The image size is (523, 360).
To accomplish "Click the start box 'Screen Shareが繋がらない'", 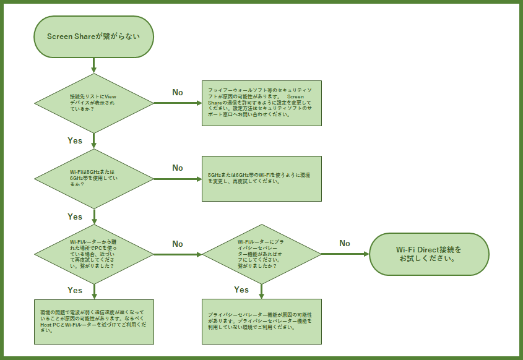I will [x=93, y=36].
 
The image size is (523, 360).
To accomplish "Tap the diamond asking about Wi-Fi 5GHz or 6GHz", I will [x=93, y=178].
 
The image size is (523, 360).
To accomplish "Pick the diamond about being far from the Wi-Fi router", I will [x=93, y=254].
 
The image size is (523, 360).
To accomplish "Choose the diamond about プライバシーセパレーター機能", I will [x=261, y=254].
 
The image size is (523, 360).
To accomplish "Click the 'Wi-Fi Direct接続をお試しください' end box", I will [x=429, y=254].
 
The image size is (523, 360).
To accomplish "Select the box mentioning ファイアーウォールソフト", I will [x=262, y=103].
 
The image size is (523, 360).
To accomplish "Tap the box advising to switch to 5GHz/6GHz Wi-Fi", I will [x=262, y=178].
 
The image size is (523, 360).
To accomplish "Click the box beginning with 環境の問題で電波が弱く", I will [x=93, y=322].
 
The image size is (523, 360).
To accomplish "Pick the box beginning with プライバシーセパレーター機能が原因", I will [x=262, y=322].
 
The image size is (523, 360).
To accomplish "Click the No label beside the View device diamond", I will [x=178, y=92].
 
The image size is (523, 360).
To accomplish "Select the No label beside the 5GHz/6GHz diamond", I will [x=178, y=168].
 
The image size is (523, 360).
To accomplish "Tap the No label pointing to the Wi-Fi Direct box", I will [x=345, y=243].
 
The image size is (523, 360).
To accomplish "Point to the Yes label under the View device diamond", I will [x=75, y=140].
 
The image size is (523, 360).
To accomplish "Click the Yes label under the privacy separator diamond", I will [x=241, y=289].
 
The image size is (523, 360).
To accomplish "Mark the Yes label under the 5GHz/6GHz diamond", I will [x=75, y=216].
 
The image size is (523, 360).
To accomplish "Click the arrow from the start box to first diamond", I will [x=93, y=65].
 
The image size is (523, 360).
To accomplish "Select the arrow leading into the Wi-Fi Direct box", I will [x=345, y=254].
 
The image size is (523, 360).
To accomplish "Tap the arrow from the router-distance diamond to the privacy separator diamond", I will [x=178, y=254].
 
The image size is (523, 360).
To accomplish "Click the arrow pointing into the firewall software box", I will [x=178, y=103].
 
